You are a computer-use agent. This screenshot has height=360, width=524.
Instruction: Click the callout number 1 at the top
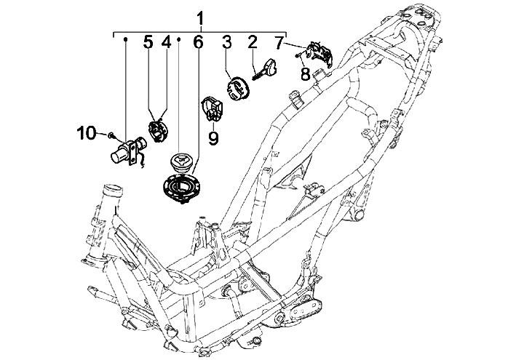[200, 19]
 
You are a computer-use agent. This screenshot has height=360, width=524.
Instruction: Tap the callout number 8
[305, 74]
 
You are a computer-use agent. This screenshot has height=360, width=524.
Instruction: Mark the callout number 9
[213, 137]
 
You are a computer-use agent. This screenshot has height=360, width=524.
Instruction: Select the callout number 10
[86, 133]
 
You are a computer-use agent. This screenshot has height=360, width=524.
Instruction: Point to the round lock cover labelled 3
[237, 88]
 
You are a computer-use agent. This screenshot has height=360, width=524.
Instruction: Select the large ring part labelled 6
[181, 188]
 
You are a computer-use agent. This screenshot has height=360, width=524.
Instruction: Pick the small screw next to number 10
[111, 135]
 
